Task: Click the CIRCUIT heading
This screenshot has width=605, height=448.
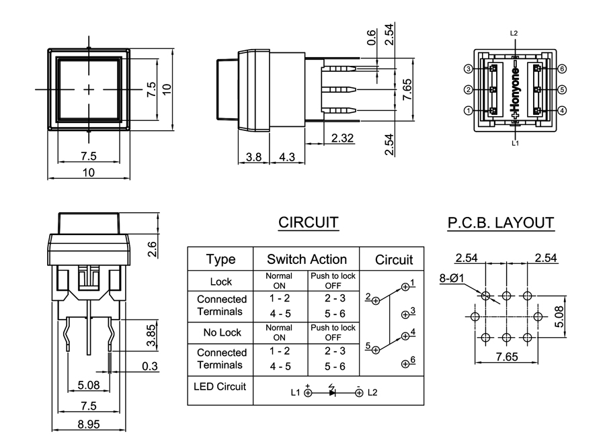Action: pyautogui.click(x=308, y=223)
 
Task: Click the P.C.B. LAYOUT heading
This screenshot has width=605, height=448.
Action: pyautogui.click(x=501, y=223)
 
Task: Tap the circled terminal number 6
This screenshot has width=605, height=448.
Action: pyautogui.click(x=562, y=69)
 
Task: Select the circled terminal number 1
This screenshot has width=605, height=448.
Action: pyautogui.click(x=469, y=110)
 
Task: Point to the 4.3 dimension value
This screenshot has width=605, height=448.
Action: pyautogui.click(x=286, y=156)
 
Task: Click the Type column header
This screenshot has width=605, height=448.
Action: pyautogui.click(x=220, y=259)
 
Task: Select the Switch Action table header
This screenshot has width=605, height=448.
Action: pyautogui.click(x=307, y=259)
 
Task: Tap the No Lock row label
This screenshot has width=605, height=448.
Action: pyautogui.click(x=220, y=332)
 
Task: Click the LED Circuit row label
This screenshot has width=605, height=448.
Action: pyautogui.click(x=220, y=386)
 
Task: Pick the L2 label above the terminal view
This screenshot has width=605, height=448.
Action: pyautogui.click(x=514, y=33)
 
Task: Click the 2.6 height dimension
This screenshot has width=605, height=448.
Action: pyautogui.click(x=152, y=249)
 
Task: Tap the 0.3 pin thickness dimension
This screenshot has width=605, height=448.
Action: pyautogui.click(x=151, y=366)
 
